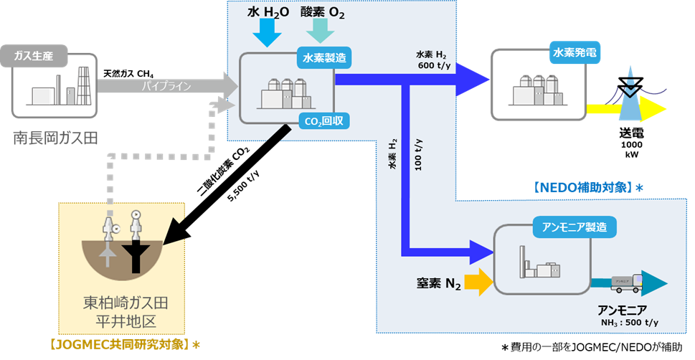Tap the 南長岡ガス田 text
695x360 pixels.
pyautogui.click(x=54, y=138)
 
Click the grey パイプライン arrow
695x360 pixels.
pyautogui.click(x=165, y=86)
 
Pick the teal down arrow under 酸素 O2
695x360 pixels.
pyautogui.click(x=320, y=30)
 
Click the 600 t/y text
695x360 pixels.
pyautogui.click(x=433, y=65)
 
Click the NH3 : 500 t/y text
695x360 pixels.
pyautogui.click(x=628, y=322)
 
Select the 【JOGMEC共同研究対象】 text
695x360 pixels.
pyautogui.click(x=124, y=345)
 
